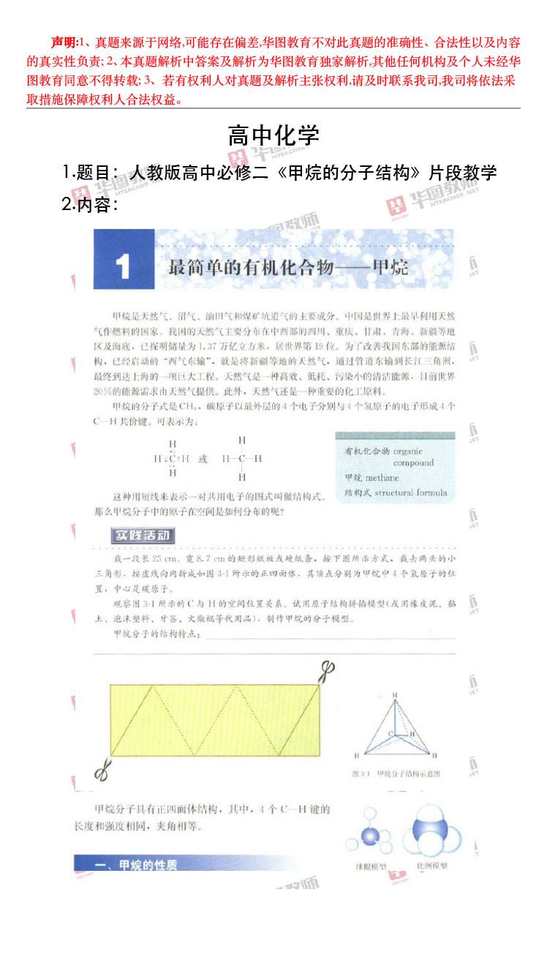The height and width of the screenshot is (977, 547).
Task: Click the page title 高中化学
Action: click(273, 135)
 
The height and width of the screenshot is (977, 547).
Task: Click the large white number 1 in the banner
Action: click(124, 267)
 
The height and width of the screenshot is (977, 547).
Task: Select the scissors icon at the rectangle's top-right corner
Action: click(327, 670)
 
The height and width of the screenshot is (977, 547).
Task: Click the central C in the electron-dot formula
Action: click(173, 459)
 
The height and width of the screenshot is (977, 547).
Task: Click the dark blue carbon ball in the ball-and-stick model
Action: click(370, 837)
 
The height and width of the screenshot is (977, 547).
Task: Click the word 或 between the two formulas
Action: click(203, 459)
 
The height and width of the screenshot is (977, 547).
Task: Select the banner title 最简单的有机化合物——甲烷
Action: click(288, 268)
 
